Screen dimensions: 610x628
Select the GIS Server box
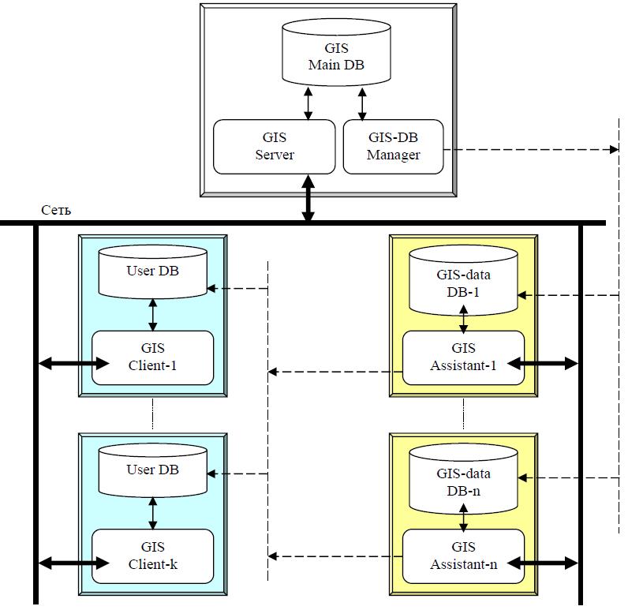pos(274,147)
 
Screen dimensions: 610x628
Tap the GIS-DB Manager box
pos(393,147)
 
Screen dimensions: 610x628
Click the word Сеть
pos(56,210)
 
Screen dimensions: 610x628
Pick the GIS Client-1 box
pos(152,357)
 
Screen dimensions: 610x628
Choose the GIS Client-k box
pos(152,556)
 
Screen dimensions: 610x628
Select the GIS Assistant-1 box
pos(463,357)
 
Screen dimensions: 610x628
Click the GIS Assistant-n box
pos(463,556)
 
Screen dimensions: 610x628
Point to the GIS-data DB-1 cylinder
pos(463,281)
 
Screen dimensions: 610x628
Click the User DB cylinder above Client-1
pos(152,272)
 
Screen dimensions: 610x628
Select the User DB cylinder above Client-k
pos(152,470)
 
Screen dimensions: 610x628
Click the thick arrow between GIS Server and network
pos(308,198)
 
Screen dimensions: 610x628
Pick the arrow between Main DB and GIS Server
pos(308,103)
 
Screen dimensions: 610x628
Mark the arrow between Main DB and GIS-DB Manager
pos(362,103)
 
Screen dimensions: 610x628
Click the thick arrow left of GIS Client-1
pos(73,364)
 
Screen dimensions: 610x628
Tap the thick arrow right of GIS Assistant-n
pos(543,563)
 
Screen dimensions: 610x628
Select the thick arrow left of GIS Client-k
pos(73,563)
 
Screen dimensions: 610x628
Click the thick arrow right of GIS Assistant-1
pos(543,364)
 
